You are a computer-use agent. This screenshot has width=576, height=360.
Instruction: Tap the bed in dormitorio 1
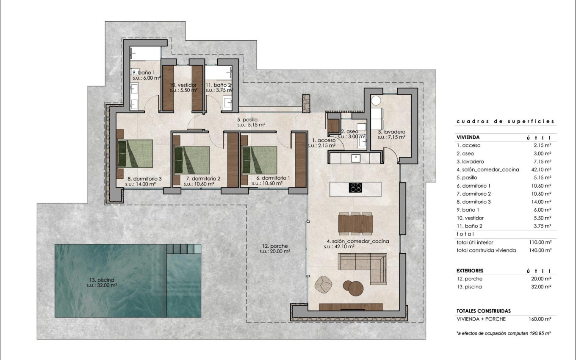(x=259, y=159)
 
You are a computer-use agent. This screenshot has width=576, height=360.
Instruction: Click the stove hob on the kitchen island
(x=356, y=187)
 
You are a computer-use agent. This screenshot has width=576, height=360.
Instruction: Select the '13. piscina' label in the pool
(x=101, y=282)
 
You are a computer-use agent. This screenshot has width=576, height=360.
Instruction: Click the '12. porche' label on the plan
(x=275, y=249)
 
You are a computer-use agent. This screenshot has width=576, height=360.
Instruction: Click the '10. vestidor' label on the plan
(x=183, y=87)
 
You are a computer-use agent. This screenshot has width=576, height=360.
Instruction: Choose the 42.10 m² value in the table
(x=542, y=169)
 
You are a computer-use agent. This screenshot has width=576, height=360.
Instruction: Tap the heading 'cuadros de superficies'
(x=505, y=122)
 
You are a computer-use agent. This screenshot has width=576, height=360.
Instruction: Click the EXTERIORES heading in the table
(x=470, y=271)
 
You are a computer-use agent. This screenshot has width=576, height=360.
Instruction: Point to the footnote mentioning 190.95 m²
(x=504, y=333)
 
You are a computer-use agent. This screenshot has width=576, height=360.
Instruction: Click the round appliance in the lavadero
(x=376, y=101)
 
